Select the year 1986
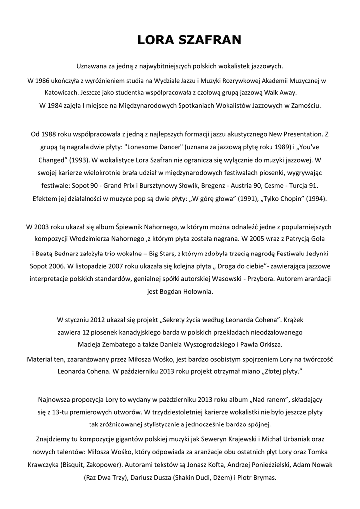43,80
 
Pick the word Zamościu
307,105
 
